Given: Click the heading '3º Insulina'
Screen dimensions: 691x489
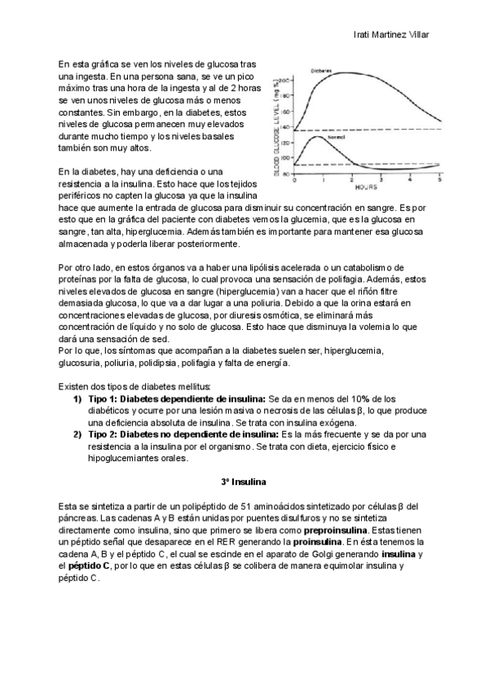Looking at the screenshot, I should point(244,482).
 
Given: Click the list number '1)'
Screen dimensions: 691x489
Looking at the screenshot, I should point(77,398).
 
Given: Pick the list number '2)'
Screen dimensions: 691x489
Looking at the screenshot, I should point(77,434).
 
